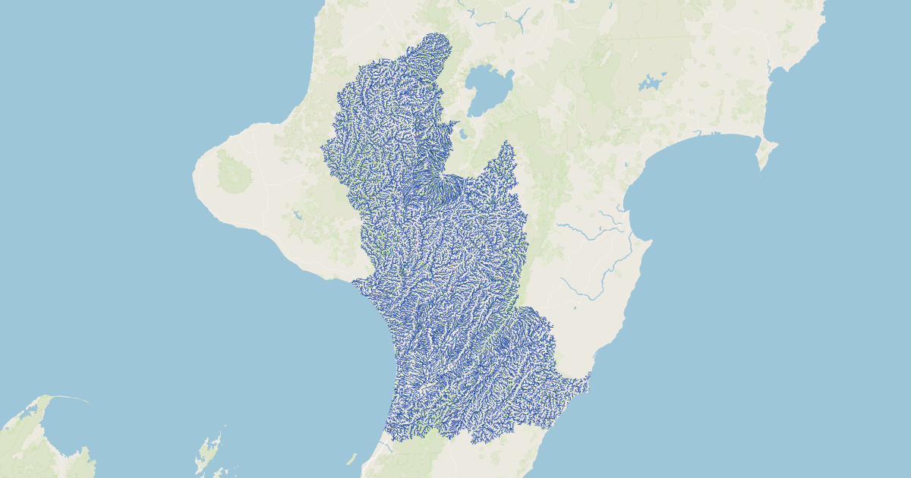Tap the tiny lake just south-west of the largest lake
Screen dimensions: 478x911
pyautogui.click(x=462, y=137)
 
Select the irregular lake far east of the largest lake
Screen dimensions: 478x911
pyautogui.click(x=651, y=82)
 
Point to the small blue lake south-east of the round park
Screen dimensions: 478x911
pyautogui.click(x=298, y=215)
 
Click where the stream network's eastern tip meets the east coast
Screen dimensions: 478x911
pyautogui.click(x=588, y=381)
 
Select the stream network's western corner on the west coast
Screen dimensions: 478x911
pyautogui.click(x=354, y=283)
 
